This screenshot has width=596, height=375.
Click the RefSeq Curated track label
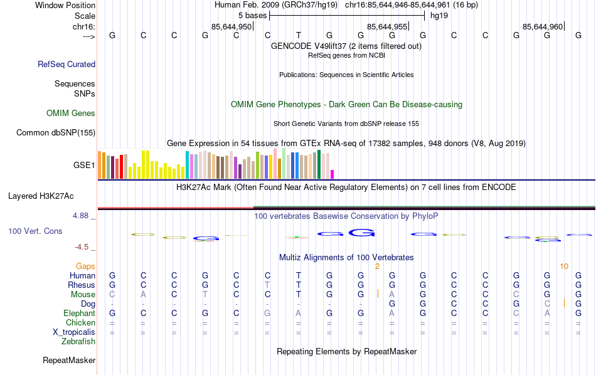pos(67,64)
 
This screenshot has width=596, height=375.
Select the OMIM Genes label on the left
pos(71,114)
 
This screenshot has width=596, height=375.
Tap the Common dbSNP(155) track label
pos(56,132)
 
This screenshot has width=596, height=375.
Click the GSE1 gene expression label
pos(84,166)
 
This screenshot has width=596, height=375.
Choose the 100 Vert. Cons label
pos(35,231)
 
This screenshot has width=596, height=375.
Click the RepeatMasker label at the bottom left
pos(69,361)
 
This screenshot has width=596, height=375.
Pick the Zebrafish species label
pos(78,342)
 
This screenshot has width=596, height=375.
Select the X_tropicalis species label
pos(74,332)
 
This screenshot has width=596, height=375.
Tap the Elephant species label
pos(80,314)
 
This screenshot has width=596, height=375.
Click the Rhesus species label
pos(81,285)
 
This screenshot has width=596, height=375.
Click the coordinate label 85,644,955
pos(387,26)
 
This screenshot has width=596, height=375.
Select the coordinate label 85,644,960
pos(543,26)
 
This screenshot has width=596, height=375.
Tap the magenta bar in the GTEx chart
pos(333,174)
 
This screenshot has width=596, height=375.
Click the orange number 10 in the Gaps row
pos(564,267)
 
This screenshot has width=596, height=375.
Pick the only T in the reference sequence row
pos(299,35)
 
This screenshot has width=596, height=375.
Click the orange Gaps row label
pos(85,267)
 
